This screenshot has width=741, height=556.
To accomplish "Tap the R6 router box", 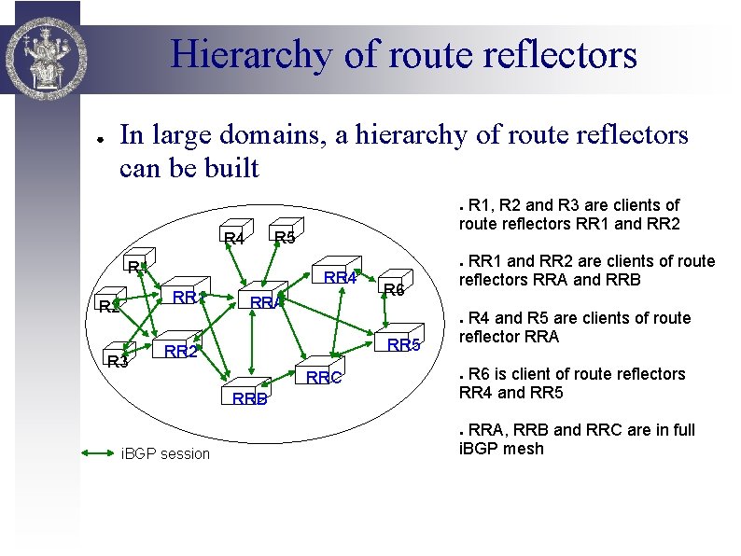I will [393, 286].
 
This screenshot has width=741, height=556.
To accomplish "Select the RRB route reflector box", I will [248, 395].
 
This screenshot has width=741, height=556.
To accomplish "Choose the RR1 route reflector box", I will [185, 295].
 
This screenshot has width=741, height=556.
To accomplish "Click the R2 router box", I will [110, 305].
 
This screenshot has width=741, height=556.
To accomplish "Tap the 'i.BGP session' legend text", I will [166, 454].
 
